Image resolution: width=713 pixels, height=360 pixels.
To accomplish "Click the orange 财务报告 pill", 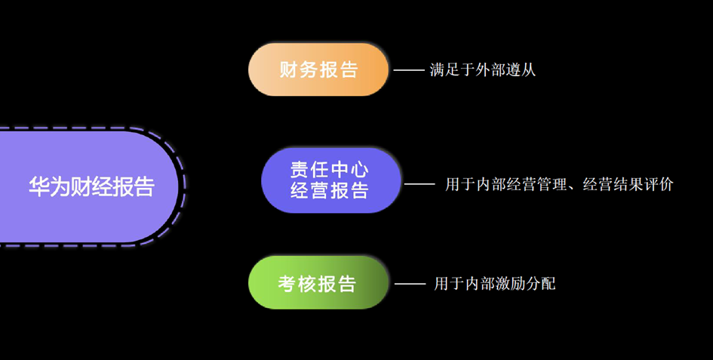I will tap(318, 70).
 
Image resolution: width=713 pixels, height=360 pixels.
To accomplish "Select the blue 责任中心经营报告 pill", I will tap(330, 180).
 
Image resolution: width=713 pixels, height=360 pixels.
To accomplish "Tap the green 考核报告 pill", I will tap(318, 284).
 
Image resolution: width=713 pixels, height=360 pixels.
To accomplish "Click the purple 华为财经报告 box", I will tap(91, 186).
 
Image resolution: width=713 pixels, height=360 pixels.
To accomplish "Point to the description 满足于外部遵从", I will tap(483, 70).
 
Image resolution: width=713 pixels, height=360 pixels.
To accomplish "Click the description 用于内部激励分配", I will tap(495, 284).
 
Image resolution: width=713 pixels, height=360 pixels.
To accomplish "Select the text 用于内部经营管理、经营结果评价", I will tap(558, 184).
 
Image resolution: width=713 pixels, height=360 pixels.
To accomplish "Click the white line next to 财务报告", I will tap(409, 70).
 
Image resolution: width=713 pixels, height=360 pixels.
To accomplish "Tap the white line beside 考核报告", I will tap(410, 284).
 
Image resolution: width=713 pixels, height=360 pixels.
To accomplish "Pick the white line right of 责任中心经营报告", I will tap(420, 184).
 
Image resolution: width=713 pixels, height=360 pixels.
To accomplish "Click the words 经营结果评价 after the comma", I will tap(628, 184).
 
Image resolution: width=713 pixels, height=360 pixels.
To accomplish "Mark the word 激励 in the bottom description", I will tap(510, 284).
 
